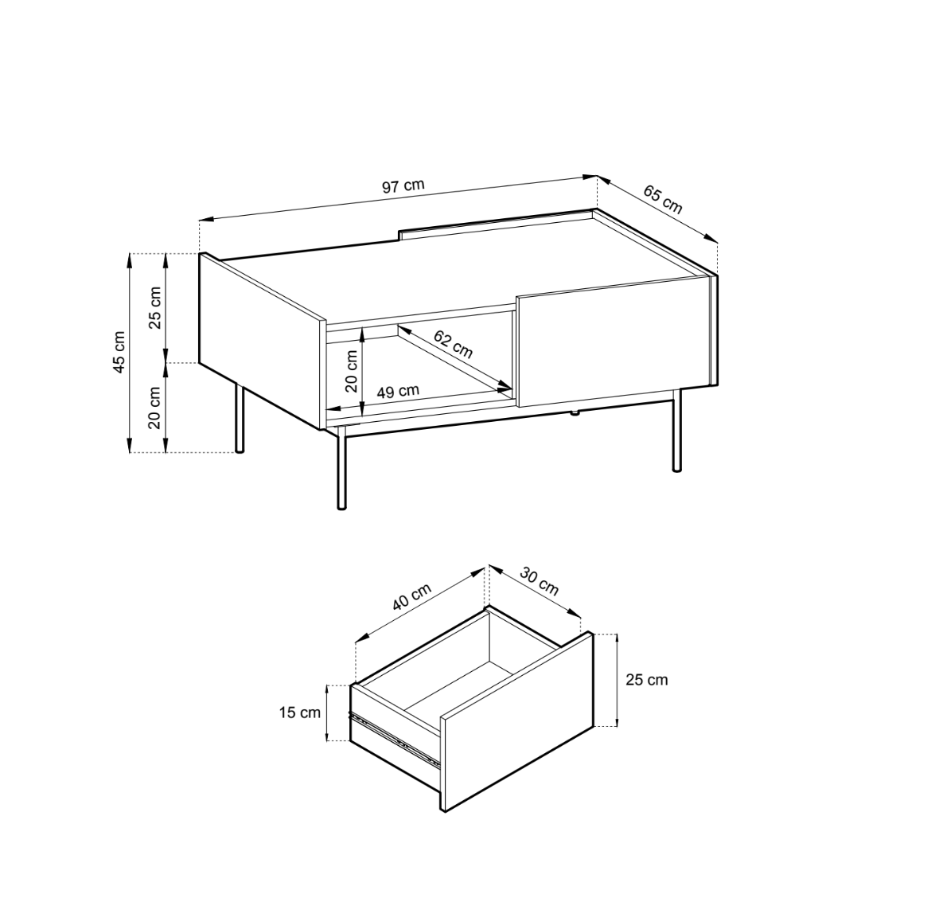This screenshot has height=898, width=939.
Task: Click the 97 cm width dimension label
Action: coord(403,185)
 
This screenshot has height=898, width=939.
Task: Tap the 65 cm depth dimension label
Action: coord(663,199)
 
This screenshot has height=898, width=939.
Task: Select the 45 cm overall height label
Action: coord(119,352)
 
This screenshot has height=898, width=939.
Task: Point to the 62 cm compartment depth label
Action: coord(453,345)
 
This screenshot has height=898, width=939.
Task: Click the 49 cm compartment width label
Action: coord(398,392)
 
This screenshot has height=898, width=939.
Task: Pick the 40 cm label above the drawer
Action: coord(411,596)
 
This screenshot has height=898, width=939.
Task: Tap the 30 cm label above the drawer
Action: coord(539,581)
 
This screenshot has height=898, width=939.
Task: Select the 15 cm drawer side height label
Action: coord(299,713)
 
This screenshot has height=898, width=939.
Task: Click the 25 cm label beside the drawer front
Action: coord(647,680)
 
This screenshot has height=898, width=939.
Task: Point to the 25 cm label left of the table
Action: coord(155,307)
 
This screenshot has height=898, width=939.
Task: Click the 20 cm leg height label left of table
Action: coord(155,408)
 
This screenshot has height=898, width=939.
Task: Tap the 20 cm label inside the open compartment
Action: coord(352,371)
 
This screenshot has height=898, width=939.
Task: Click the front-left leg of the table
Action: coord(341,468)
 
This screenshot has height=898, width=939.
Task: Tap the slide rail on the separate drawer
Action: coord(395,736)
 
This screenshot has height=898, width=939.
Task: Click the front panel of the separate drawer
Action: coord(516,722)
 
